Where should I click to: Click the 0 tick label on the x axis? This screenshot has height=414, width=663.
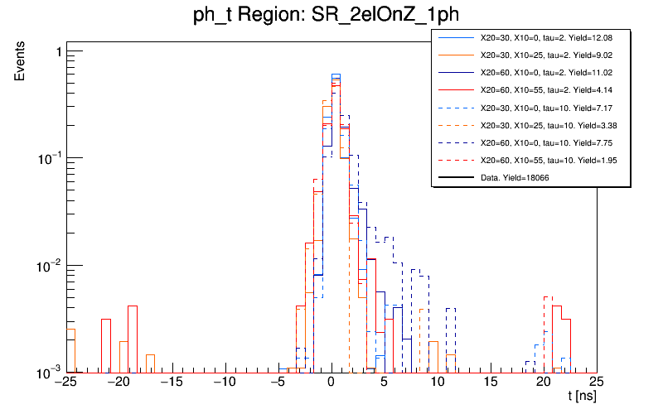pos(331,383)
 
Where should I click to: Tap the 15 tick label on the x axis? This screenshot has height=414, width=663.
pos(491,383)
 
